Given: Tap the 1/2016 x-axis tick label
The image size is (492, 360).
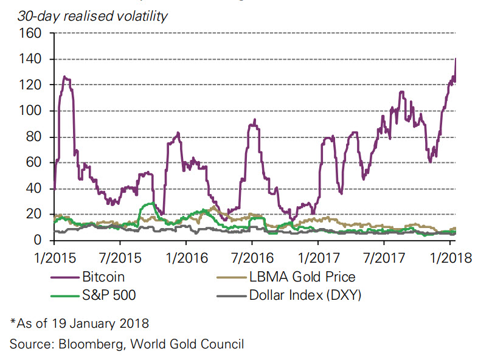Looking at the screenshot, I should [x=186, y=257].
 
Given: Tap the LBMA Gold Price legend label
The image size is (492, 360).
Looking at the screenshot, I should [x=302, y=277].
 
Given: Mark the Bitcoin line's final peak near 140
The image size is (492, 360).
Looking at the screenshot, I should [x=456, y=59].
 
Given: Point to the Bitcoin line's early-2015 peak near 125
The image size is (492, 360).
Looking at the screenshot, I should [x=65, y=77].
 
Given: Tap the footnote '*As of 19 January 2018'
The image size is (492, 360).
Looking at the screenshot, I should [x=79, y=322].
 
